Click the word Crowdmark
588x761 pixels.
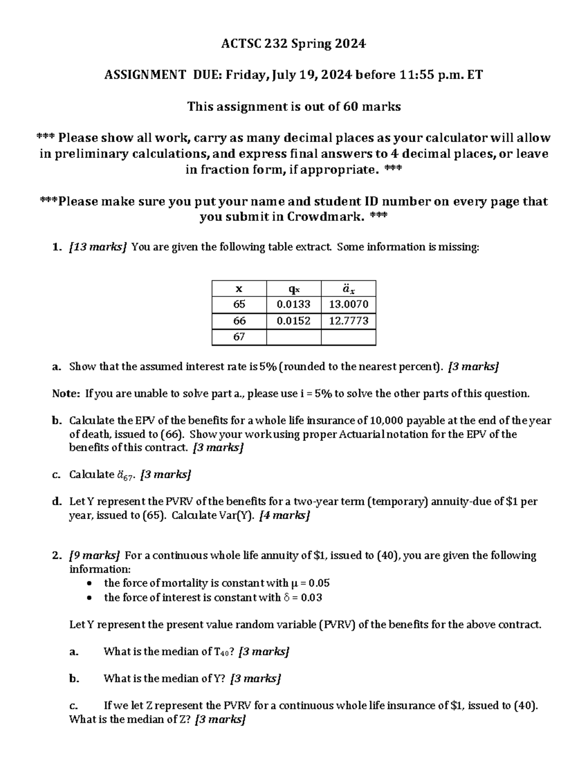pos(325,217)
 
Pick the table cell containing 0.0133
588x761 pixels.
pos(293,304)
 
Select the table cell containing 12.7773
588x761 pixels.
pos(348,321)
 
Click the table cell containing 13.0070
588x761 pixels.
pos(348,304)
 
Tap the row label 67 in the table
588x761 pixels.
pos(239,337)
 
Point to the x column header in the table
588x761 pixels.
pos(239,289)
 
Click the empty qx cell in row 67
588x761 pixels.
pos(293,337)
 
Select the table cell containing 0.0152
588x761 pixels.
pos(293,321)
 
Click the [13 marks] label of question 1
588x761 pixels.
pos(98,247)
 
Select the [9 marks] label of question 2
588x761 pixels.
pos(95,556)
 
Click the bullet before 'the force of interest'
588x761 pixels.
pos(89,598)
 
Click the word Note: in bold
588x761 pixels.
pos(66,393)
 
